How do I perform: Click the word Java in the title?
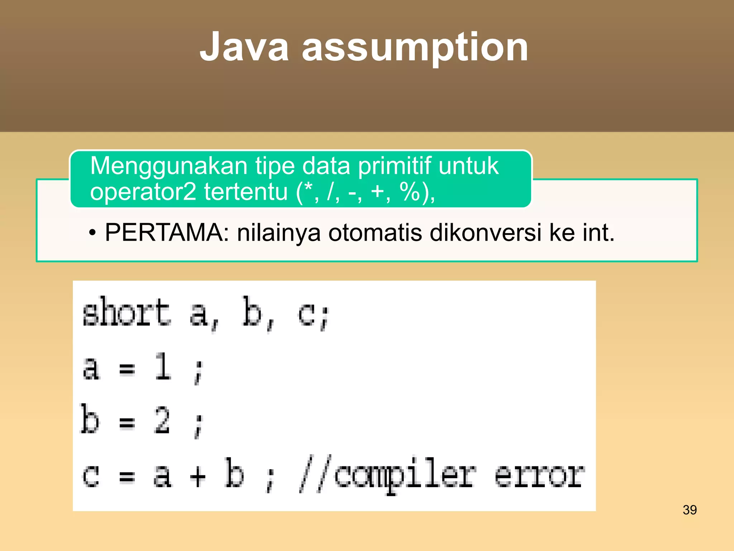point(244,47)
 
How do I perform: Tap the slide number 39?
point(690,510)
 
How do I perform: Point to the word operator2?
point(143,192)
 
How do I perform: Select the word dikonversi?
point(485,233)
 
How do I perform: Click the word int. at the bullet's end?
point(598,233)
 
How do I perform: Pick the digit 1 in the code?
point(163,367)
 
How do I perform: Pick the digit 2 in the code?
point(162,420)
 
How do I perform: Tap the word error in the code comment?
point(539,475)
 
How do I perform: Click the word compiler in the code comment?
point(405,475)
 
